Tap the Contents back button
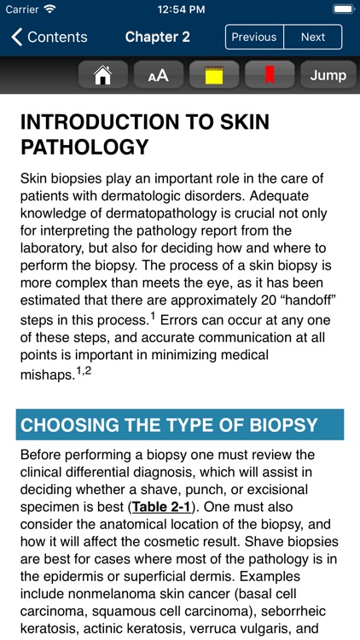tap(49, 37)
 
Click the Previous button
tap(254, 37)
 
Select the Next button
tap(313, 37)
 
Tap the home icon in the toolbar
tap(103, 75)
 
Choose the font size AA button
tap(159, 75)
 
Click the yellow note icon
tap(214, 75)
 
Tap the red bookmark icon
tap(270, 75)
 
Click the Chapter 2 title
tap(157, 37)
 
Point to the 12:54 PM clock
tap(179, 9)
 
